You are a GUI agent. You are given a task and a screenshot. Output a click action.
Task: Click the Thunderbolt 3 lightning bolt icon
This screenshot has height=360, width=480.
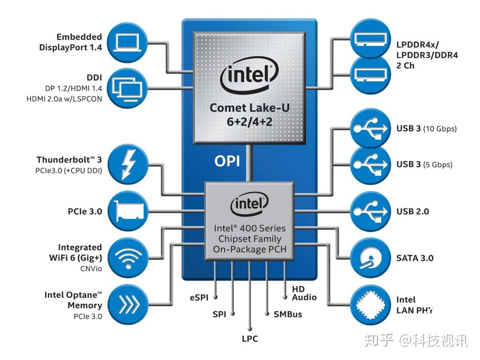coord(128,164)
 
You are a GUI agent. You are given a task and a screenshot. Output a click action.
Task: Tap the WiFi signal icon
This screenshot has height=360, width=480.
coord(128,258)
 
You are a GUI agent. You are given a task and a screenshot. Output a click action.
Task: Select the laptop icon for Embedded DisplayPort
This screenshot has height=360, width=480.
coord(127,42)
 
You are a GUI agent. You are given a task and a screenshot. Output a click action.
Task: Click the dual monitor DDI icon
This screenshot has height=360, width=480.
coord(127,88)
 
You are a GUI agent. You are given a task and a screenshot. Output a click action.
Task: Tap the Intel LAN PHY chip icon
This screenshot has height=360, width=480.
coord(370,305)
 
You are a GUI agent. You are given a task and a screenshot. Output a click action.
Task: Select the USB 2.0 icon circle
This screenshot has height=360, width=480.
coord(370,211)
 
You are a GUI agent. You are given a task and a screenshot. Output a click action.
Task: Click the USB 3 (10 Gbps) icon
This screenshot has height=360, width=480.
coord(370,128)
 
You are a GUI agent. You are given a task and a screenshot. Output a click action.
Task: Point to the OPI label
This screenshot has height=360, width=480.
coord(227,161)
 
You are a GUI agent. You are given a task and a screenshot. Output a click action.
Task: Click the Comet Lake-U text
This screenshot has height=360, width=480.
coord(250,108)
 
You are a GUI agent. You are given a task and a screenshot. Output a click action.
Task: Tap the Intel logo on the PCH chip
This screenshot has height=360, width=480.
coord(249,204)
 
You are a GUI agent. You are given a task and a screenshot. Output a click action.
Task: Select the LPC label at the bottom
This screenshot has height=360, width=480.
coord(250,339)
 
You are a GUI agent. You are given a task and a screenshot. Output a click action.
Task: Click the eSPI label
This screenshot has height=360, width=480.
coord(199,297)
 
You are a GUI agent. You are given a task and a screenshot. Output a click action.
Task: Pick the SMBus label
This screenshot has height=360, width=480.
coord(288,314)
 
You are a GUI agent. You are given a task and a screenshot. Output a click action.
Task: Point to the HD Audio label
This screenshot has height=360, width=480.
coord(304,293)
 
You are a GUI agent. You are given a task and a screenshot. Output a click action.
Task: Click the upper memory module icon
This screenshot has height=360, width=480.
coord(370,39)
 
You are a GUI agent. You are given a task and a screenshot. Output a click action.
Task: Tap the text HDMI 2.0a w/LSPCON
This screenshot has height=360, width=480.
coord(64,99)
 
